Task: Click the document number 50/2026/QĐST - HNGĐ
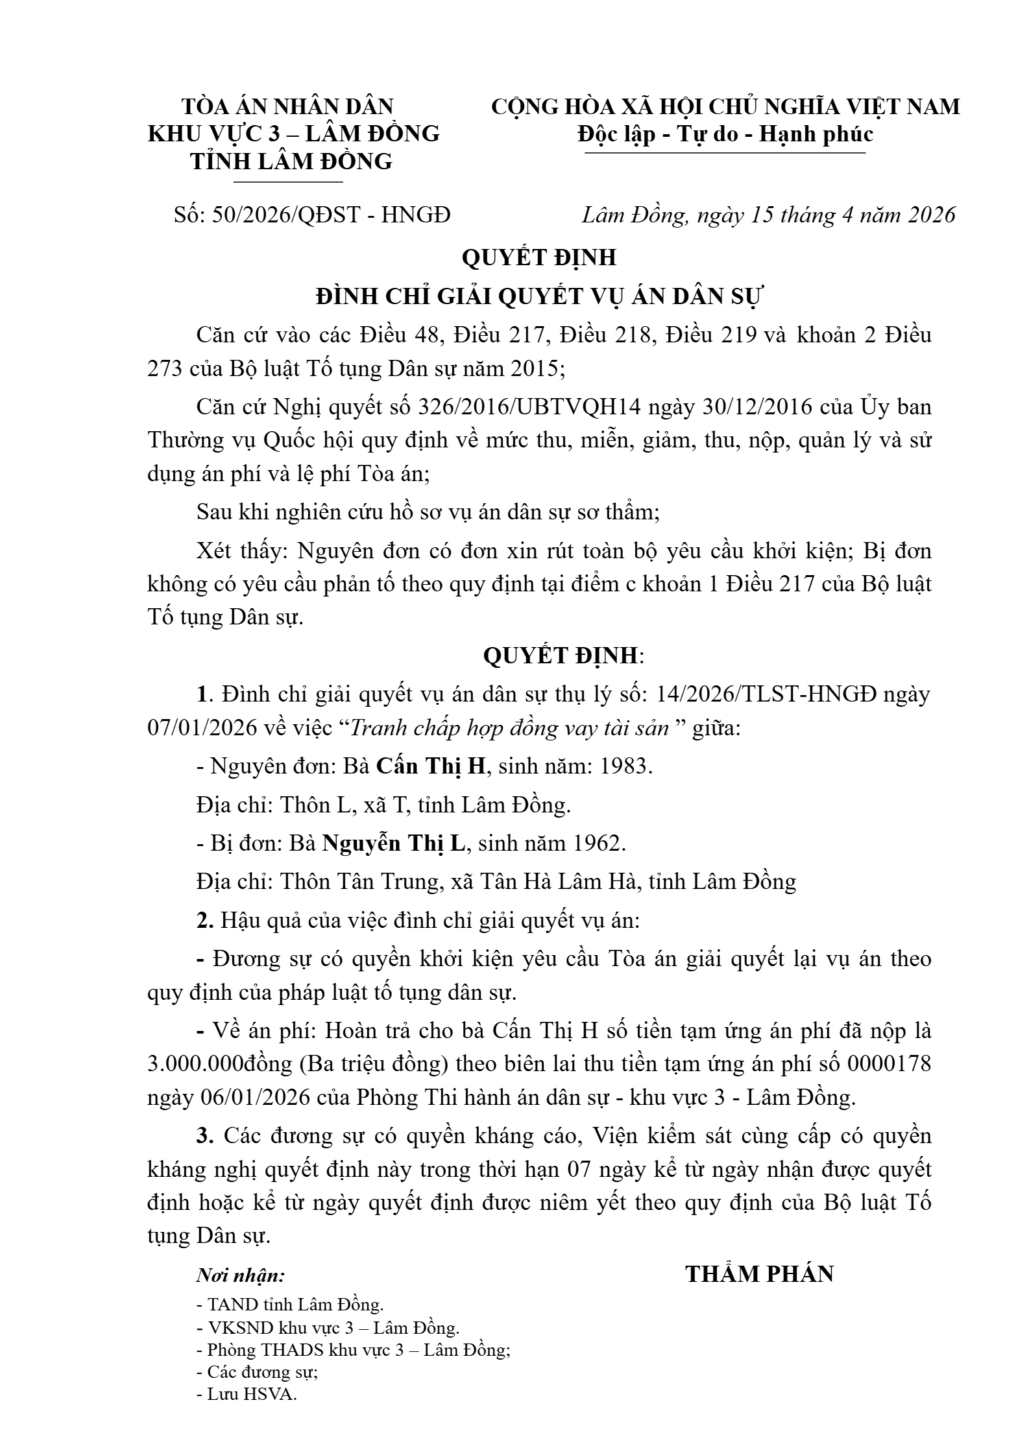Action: click(331, 215)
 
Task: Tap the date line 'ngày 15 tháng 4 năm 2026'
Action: click(826, 215)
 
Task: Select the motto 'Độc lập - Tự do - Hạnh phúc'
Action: click(725, 134)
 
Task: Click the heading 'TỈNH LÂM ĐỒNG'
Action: click(291, 161)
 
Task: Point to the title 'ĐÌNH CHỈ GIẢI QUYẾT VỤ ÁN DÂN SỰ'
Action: click(539, 296)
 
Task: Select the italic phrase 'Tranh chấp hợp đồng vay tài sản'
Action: click(509, 728)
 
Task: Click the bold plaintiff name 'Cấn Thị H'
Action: click(431, 766)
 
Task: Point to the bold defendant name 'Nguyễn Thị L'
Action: click(394, 843)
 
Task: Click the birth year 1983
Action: click(624, 766)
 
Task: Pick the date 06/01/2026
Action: click(232, 1097)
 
